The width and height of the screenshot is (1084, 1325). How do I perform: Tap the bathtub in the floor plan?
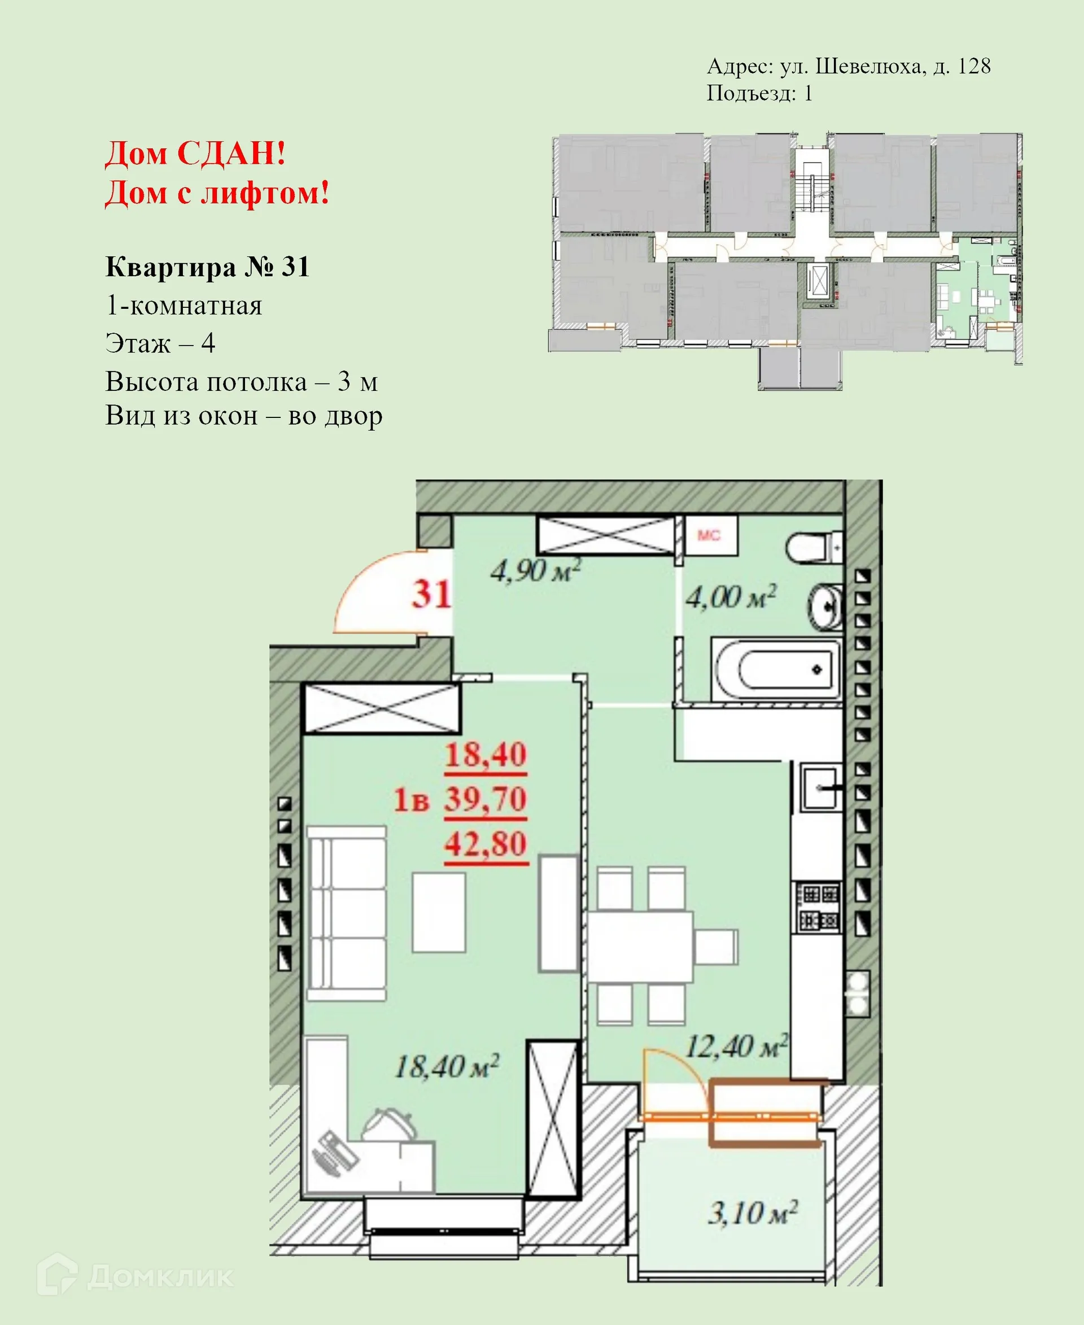click(776, 669)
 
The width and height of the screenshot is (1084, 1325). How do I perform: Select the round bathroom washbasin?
click(826, 605)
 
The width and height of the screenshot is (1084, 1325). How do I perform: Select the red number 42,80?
click(486, 844)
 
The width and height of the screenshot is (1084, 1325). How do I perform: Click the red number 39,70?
click(486, 800)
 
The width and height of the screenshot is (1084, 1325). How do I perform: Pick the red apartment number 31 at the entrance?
click(431, 594)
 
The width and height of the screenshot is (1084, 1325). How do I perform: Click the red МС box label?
click(709, 535)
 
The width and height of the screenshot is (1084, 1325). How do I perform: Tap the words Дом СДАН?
click(195, 153)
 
